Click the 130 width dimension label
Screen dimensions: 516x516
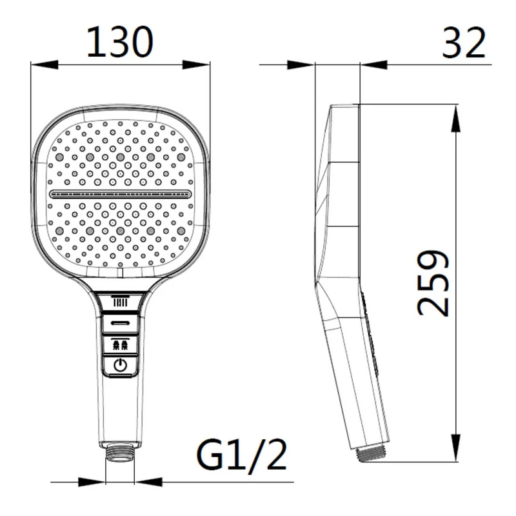[x=120, y=42]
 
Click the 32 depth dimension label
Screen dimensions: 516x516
[x=463, y=43]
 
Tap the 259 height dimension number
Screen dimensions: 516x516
[x=433, y=283]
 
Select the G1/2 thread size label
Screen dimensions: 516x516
[x=241, y=455]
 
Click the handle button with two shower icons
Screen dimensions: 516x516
[x=120, y=345]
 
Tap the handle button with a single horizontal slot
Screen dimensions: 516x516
[x=120, y=323]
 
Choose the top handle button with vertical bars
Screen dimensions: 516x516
[x=120, y=302]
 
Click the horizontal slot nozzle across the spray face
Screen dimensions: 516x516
[x=121, y=194]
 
